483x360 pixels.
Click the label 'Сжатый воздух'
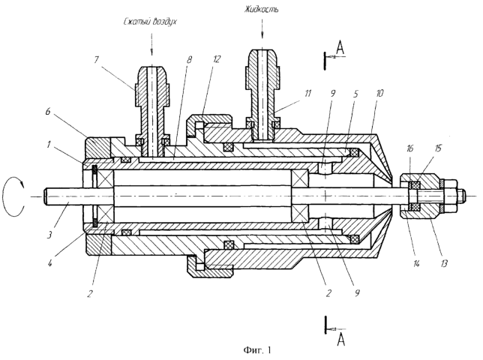click(x=151, y=22)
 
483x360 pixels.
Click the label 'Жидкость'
click(x=262, y=9)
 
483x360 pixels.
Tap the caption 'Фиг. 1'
click(x=257, y=350)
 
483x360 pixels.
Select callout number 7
click(x=97, y=59)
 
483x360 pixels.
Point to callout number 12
click(x=217, y=59)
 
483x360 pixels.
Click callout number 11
click(x=308, y=93)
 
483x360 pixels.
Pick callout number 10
click(x=379, y=93)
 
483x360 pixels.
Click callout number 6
click(x=48, y=112)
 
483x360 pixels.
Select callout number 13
click(x=444, y=262)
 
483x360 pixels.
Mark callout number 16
click(x=410, y=149)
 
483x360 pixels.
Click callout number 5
click(x=355, y=94)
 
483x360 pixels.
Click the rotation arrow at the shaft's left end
click(x=13, y=196)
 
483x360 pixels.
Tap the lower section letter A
click(x=340, y=340)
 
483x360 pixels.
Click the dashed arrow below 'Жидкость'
click(x=262, y=28)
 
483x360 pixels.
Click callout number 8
click(x=189, y=59)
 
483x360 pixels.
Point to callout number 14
click(x=416, y=263)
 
